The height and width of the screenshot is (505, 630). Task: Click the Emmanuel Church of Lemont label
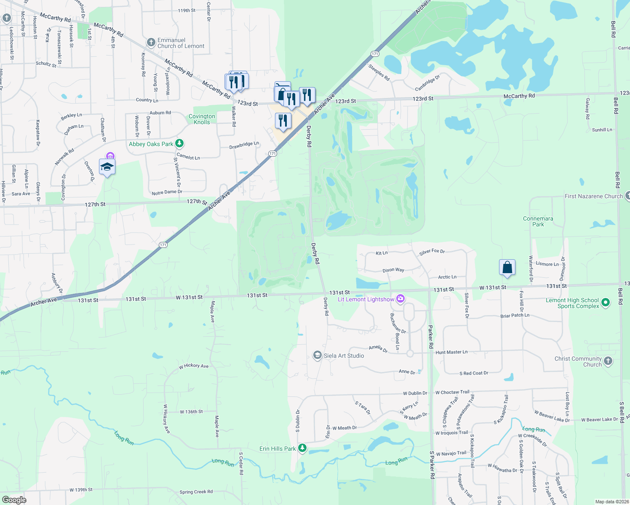point(181,43)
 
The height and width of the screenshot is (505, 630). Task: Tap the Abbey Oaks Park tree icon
point(179,144)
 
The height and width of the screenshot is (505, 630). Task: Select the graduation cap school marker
point(107,167)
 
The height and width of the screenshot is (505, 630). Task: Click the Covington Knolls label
point(202,119)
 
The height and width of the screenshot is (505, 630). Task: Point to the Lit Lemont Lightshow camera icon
point(400,299)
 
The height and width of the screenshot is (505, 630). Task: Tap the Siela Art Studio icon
point(318,356)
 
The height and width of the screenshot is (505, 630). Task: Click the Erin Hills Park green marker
point(302,448)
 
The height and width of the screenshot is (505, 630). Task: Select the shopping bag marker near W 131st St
point(507,268)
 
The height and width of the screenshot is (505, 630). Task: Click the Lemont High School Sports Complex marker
point(605,303)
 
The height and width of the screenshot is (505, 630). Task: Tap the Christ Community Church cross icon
point(608,361)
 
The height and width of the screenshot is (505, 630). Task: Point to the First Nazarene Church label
point(593,196)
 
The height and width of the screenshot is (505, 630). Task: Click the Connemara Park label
point(538,221)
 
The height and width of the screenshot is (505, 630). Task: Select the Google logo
point(14,500)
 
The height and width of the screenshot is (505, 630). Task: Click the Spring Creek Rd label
point(196,492)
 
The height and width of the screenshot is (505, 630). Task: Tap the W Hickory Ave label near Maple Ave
point(194,366)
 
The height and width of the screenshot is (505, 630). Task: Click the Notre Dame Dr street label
point(167,192)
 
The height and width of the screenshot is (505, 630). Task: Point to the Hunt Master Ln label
point(451,352)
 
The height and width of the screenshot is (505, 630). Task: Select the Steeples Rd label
point(379,72)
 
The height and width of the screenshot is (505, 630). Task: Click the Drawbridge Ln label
point(244,145)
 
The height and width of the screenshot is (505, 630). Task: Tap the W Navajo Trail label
point(451,453)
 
